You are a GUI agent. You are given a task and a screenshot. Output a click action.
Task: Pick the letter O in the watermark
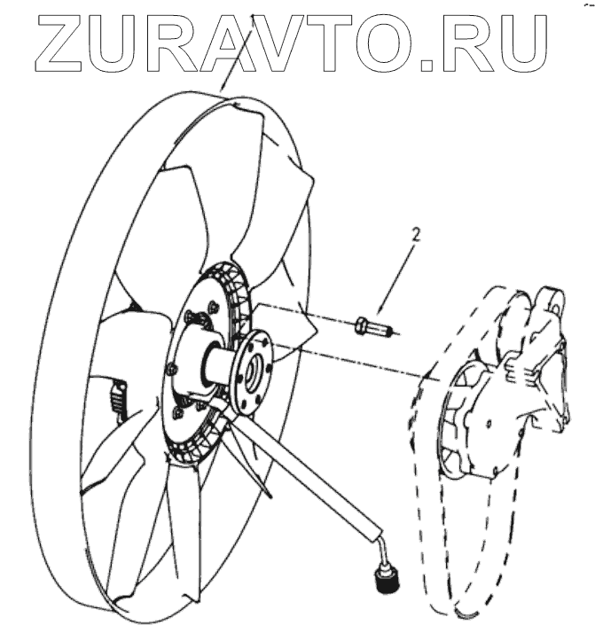point(384,43)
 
